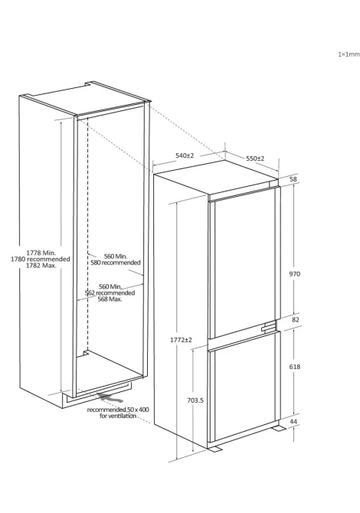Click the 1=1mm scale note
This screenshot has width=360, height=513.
[349, 54]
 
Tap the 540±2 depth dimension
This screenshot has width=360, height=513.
[185, 155]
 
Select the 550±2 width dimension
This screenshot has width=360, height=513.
[255, 158]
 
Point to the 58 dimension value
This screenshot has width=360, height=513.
[293, 179]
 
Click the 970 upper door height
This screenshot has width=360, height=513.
[295, 274]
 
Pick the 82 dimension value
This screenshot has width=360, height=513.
[296, 319]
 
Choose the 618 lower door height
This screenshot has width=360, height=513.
[295, 367]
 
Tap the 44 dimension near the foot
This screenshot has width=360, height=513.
[293, 421]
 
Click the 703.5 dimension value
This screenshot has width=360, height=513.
[195, 400]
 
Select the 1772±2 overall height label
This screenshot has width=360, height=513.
[181, 340]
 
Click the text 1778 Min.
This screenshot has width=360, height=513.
[41, 253]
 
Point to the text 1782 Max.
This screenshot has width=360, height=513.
[41, 266]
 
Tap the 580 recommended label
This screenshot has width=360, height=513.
[116, 263]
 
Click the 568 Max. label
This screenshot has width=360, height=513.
[110, 299]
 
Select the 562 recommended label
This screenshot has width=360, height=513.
[110, 292]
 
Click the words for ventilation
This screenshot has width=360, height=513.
[118, 416]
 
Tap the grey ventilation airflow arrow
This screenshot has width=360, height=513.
[111, 398]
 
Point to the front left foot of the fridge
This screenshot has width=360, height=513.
[214, 449]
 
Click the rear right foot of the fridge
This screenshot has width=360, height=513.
[279, 428]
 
